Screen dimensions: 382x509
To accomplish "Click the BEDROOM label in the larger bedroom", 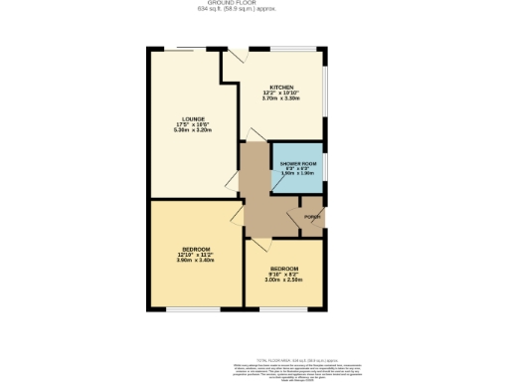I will click(196, 248).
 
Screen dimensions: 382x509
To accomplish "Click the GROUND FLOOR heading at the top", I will click(254, 3).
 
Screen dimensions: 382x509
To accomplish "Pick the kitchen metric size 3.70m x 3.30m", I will click(281, 98).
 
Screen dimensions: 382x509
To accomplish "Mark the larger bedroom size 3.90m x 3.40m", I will click(196, 260).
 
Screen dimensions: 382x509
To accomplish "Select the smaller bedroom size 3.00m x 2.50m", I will click(282, 281).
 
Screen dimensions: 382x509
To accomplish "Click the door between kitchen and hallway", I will click(255, 134).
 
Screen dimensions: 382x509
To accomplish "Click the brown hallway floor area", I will click(260, 199).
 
